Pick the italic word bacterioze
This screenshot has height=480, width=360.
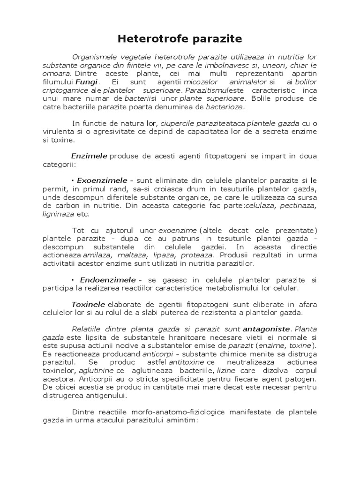[x=224, y=107]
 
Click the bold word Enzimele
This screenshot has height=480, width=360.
[x=89, y=156]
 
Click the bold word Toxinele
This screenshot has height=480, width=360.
[x=88, y=304]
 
